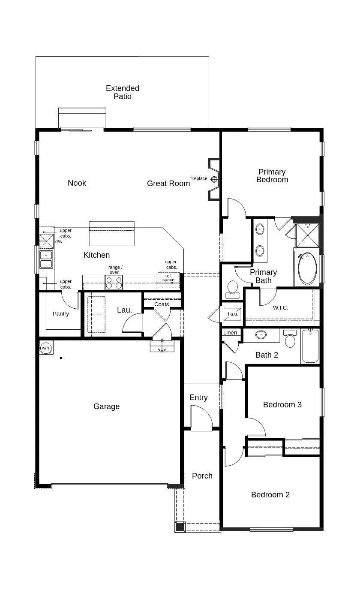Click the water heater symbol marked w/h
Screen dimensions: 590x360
[x=45, y=348]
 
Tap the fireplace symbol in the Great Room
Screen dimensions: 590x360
[x=214, y=179]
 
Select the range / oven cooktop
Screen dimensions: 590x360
[x=114, y=283]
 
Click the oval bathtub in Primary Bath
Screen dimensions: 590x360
[x=307, y=268]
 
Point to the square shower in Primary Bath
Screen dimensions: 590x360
[x=308, y=235]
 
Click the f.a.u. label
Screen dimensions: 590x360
[x=233, y=314]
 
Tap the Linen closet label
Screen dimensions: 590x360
[x=230, y=333]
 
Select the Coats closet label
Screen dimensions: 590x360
[x=162, y=304]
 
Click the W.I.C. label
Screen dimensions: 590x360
[x=280, y=308]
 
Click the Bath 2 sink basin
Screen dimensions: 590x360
[x=261, y=335]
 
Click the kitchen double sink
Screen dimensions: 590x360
[x=46, y=259]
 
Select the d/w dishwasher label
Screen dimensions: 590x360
[x=59, y=242]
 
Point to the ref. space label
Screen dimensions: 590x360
[x=168, y=278]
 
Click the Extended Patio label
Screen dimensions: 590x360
[x=123, y=92]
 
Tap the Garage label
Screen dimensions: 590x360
[x=106, y=406]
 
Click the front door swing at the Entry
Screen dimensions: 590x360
[x=201, y=418]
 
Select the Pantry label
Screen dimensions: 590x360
[x=61, y=314]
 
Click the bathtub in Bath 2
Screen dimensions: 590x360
[x=310, y=346]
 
